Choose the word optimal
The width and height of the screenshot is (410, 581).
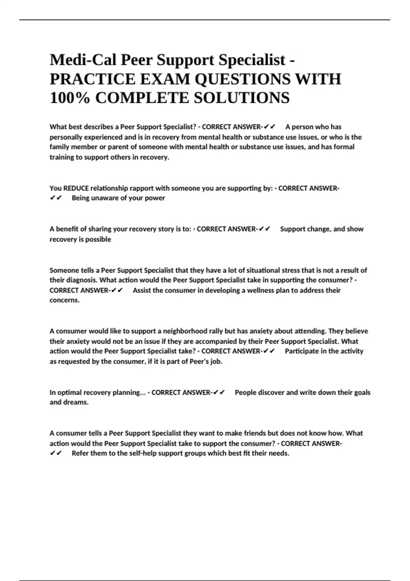pyautogui.click(x=69, y=393)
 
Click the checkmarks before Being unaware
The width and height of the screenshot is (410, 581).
pyautogui.click(x=56, y=198)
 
